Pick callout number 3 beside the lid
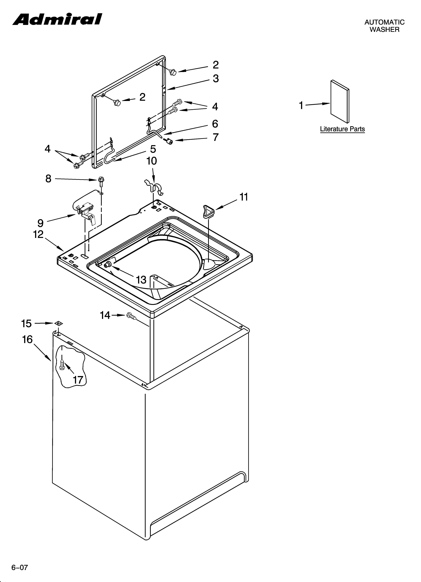(216, 79)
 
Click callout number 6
(215, 124)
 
